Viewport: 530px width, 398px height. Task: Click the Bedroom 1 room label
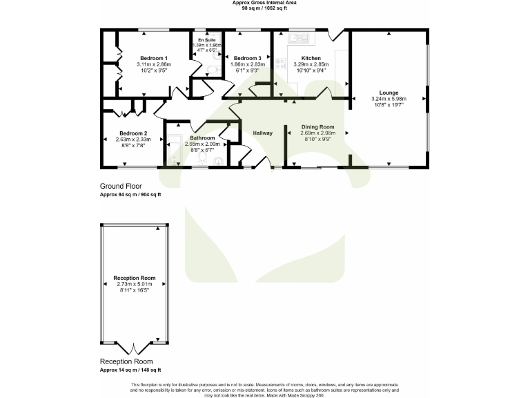click(154, 58)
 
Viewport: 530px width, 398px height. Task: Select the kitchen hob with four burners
click(279, 63)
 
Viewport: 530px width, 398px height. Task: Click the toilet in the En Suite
click(211, 68)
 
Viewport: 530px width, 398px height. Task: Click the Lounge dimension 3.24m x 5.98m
click(389, 99)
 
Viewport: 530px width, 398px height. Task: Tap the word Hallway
click(262, 133)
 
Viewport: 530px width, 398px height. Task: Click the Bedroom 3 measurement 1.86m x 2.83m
click(246, 64)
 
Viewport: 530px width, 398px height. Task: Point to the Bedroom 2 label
click(133, 133)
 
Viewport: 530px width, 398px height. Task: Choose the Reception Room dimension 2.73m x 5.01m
click(135, 284)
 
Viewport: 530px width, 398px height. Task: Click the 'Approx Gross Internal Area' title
click(265, 3)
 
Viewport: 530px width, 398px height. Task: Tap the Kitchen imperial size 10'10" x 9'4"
click(312, 70)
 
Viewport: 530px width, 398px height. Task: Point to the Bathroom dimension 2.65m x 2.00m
click(202, 144)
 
